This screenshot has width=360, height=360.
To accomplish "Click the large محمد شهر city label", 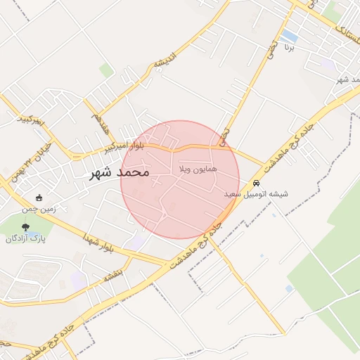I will tap(120, 172).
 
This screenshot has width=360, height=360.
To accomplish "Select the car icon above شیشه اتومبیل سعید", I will tap(256, 183).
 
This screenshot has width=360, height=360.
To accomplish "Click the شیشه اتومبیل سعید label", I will tap(256, 193).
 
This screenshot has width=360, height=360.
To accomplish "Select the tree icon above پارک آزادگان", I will tap(26, 227).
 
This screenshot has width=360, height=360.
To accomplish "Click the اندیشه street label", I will tap(163, 64).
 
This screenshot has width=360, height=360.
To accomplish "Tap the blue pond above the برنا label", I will tap(288, 35).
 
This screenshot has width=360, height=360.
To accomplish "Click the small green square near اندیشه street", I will tap(106, 70).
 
